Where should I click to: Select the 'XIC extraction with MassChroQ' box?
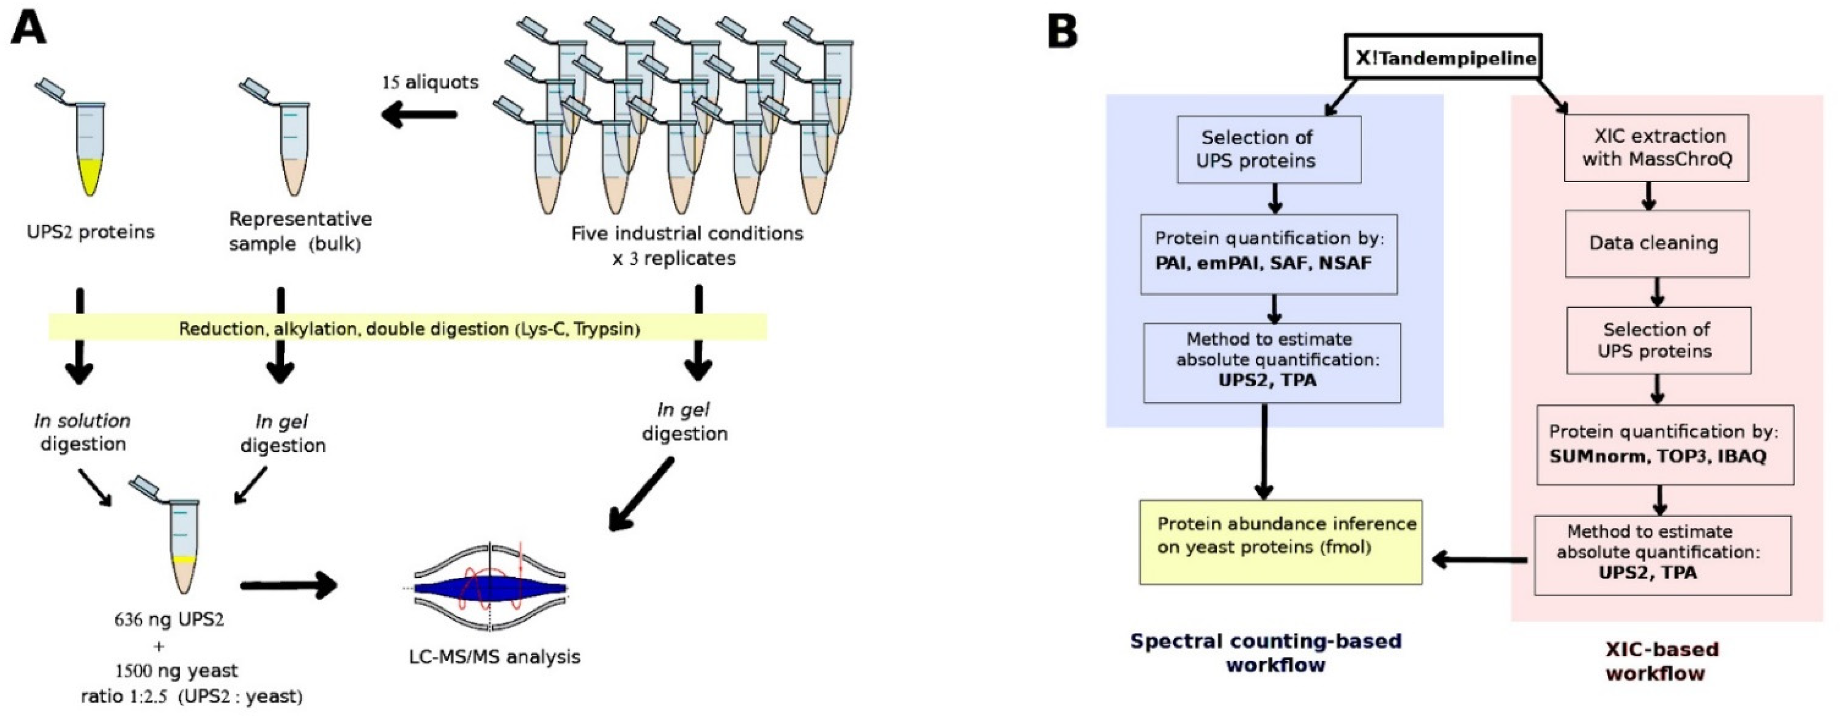tap(1656, 148)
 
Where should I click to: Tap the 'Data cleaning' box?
tap(1656, 243)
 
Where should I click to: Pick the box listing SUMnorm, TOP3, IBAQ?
tap(1665, 444)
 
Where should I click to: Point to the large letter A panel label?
tap(28, 31)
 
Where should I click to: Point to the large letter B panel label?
tap(1063, 32)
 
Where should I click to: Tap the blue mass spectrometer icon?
tap(491, 588)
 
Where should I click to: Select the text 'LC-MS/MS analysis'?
tap(494, 657)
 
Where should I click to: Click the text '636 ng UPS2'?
tap(169, 619)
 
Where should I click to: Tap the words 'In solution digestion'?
tap(82, 432)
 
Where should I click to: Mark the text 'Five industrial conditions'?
tap(687, 234)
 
